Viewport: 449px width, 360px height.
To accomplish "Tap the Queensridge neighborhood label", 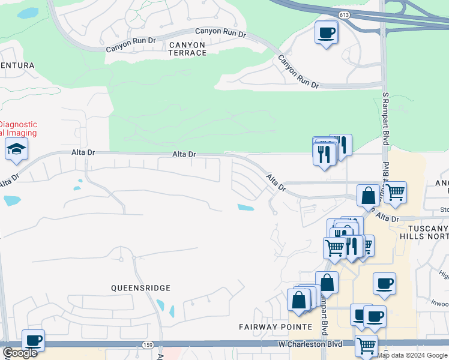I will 141,288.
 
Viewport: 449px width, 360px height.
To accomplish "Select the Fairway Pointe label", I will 276,327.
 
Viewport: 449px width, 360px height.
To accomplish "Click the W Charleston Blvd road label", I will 310,344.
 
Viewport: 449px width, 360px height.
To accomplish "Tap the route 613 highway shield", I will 343,14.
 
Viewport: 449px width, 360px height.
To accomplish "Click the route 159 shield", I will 148,344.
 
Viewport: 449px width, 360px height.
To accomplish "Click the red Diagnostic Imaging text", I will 18,129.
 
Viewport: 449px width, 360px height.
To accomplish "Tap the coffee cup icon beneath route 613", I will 326,32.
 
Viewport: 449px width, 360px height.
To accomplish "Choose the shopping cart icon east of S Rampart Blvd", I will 395,193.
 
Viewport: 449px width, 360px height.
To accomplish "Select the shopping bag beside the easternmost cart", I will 368,195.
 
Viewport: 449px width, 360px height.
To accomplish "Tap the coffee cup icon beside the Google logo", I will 33,341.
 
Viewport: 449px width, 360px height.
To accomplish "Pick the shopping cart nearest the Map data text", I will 365,346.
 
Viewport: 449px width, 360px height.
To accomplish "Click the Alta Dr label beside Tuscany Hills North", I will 388,219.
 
